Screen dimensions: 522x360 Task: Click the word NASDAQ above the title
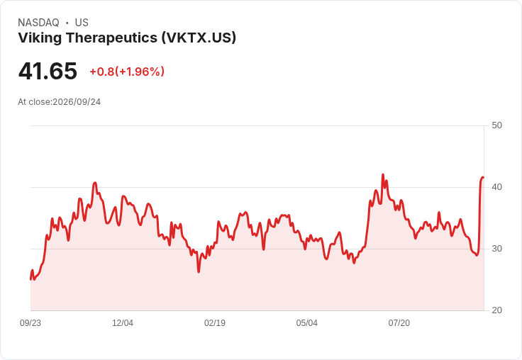tap(38, 23)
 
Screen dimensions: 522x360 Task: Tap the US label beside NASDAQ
tap(82, 23)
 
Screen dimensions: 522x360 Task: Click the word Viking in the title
tap(40, 38)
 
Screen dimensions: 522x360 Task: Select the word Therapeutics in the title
tap(111, 38)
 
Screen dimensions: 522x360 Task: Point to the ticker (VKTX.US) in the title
tap(199, 38)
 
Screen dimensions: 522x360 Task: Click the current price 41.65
tap(48, 71)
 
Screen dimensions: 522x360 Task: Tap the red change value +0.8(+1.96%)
tap(127, 72)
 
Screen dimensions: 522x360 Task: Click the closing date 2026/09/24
tap(77, 102)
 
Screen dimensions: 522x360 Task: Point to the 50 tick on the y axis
tap(496, 125)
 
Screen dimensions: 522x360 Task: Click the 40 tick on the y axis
tap(496, 187)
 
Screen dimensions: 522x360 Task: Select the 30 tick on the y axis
tap(496, 249)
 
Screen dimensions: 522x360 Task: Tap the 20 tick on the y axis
tap(496, 310)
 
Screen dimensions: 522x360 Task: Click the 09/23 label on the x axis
tap(30, 323)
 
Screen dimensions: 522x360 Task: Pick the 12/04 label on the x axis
tap(123, 323)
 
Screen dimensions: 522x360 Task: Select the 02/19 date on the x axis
tap(215, 323)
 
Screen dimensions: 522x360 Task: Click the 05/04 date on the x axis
tap(307, 323)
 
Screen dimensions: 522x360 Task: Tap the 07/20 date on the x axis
tap(399, 323)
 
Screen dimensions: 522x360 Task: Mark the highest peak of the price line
tap(383, 174)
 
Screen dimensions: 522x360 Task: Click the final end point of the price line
tap(484, 177)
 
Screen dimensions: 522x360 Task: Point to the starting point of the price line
tap(30, 279)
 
